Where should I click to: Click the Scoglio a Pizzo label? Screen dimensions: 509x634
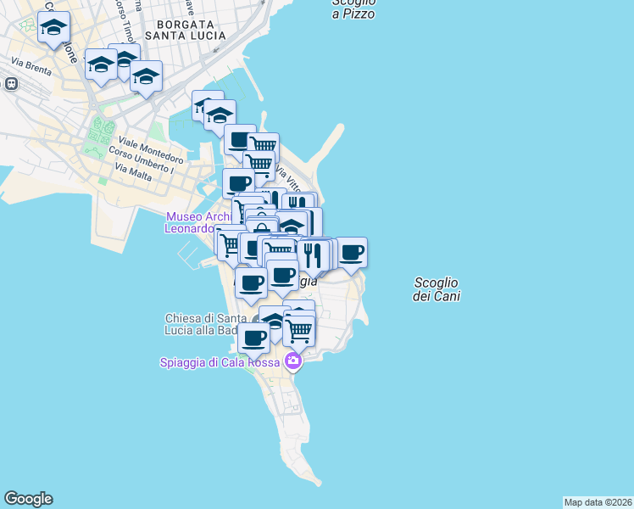pos(353,8)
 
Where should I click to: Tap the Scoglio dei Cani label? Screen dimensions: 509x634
pos(437,289)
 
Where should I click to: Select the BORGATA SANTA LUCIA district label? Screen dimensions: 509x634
pos(186,29)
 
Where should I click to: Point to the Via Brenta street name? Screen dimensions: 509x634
pos(31,64)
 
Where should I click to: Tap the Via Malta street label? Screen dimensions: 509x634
pos(131,172)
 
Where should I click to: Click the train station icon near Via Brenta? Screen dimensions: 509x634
pos(12,84)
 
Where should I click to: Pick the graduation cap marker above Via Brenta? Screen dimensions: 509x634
pos(54,29)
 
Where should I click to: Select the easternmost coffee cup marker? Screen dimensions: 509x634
pos(351,252)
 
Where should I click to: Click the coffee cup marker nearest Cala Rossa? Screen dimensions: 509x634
pos(253,338)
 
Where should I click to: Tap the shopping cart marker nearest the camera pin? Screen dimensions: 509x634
pos(298,332)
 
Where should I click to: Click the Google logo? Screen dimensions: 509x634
pos(28,499)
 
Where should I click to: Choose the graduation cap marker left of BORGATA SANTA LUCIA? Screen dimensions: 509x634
pos(124,59)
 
